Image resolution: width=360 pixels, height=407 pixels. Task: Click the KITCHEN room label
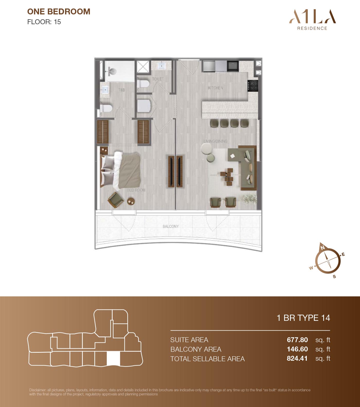[x=215, y=88]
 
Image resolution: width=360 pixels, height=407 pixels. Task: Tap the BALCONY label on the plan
[x=170, y=226]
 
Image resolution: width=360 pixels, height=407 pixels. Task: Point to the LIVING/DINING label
[x=215, y=141]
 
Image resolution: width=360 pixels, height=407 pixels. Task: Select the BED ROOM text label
[x=136, y=190]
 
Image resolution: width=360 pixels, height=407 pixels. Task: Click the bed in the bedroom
[x=120, y=170]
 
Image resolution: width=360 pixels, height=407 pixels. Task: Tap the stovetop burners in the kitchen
[x=253, y=86]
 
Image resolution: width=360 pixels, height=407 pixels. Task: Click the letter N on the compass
[x=322, y=248]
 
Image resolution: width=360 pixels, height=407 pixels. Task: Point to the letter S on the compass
[x=334, y=277]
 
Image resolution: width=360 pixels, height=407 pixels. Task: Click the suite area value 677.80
[x=297, y=340]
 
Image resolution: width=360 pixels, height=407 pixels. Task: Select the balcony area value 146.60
[x=297, y=349]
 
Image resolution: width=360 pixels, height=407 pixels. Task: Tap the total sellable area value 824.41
[x=297, y=358]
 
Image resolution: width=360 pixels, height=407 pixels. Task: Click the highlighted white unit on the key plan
[x=113, y=358]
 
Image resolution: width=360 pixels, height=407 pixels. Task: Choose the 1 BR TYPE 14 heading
[x=303, y=318]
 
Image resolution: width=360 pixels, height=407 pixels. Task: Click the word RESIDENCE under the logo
[x=312, y=28]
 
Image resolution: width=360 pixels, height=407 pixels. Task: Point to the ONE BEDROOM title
[x=59, y=12]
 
